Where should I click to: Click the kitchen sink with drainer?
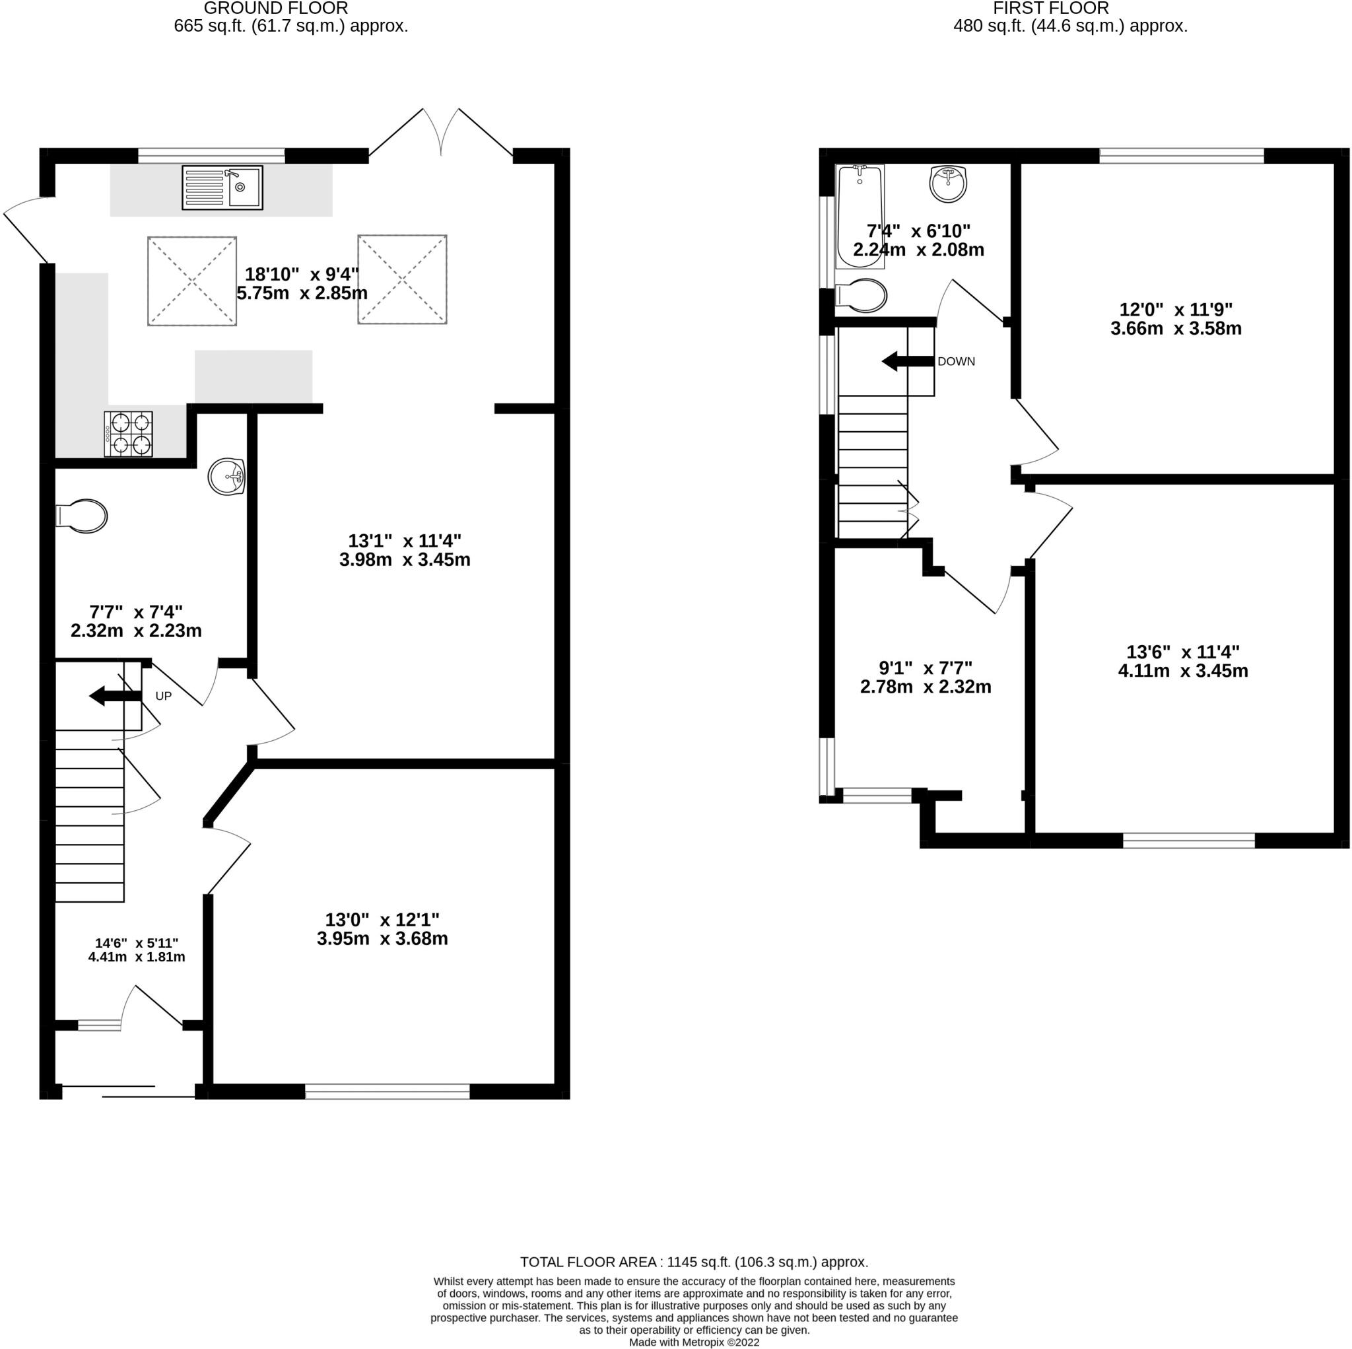[222, 188]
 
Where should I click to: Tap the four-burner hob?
[129, 434]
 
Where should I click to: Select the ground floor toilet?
[81, 516]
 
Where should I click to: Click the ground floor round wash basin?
[226, 477]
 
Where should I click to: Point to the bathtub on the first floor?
[860, 217]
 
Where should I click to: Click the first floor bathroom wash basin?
[948, 184]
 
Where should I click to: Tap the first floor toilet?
[862, 295]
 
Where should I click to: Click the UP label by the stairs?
[163, 696]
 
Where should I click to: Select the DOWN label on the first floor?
[956, 361]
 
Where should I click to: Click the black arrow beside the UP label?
[116, 696]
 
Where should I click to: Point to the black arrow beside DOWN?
[908, 361]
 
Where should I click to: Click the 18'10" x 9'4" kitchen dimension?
[302, 283]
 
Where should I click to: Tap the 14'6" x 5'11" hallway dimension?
[137, 950]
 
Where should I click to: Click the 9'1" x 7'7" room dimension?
[925, 677]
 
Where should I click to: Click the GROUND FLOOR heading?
[276, 9]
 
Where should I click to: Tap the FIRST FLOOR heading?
[1050, 9]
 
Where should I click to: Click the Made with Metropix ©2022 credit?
[694, 1342]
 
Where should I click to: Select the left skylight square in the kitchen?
[191, 281]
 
